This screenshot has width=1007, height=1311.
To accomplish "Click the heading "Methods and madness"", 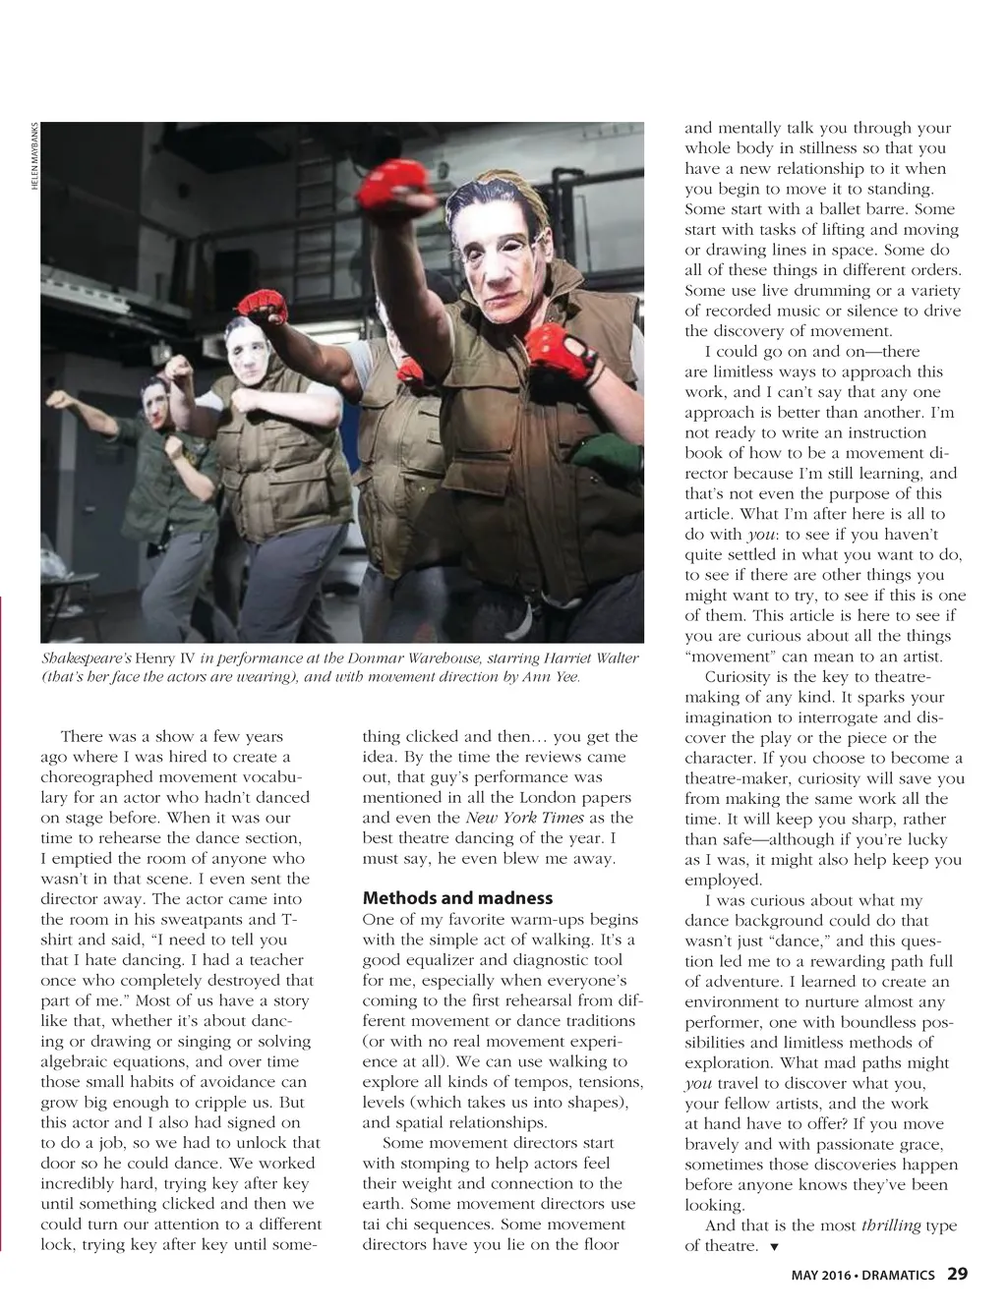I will point(457,898).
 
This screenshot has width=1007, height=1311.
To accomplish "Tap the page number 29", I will point(957,1274).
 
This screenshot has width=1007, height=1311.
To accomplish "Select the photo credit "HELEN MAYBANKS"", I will point(34,156).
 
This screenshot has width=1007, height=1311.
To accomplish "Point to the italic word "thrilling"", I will point(891,1225).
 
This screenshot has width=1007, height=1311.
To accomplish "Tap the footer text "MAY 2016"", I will point(821,1276).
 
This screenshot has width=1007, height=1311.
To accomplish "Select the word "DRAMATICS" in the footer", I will point(900,1276).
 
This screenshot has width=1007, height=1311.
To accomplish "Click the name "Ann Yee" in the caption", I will point(552,677).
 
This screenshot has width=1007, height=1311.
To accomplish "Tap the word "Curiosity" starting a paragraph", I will point(740,677).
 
